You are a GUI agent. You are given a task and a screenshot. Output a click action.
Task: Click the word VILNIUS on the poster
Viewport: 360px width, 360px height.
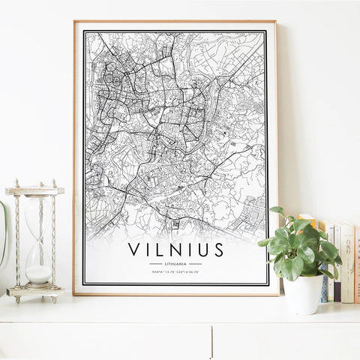(x=175, y=248)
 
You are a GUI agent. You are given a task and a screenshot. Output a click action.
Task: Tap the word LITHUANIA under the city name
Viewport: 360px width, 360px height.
(x=175, y=264)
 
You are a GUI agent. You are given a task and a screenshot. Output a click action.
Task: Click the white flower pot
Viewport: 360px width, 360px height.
(x=303, y=293)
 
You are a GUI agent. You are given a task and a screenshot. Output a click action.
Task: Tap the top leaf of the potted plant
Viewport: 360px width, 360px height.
(x=277, y=211)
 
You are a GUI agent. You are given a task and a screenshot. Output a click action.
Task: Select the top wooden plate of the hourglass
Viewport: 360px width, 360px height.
(x=34, y=190)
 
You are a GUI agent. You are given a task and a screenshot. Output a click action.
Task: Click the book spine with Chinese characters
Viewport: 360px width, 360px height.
(x=348, y=262)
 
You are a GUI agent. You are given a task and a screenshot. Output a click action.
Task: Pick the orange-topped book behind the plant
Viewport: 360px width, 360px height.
(x=329, y=255)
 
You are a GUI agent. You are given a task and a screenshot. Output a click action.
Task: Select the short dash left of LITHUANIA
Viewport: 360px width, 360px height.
(x=155, y=264)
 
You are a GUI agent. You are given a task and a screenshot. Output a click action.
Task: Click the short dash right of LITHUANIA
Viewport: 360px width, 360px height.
(x=196, y=264)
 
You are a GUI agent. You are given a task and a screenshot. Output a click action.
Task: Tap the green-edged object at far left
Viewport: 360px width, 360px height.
(x=3, y=232)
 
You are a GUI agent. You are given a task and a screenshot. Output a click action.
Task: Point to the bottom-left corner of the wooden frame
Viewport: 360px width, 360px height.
(x=75, y=293)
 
